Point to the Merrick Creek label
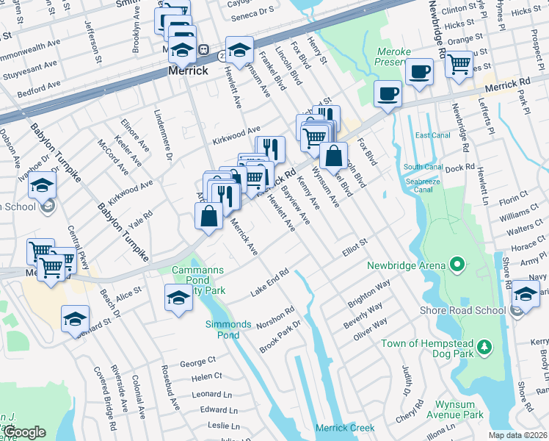(344, 428)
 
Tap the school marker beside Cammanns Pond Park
(178, 298)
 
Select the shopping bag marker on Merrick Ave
(208, 215)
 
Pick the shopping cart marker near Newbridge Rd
(459, 63)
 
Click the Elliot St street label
(353, 251)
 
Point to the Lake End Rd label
(269, 282)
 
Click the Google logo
(25, 432)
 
